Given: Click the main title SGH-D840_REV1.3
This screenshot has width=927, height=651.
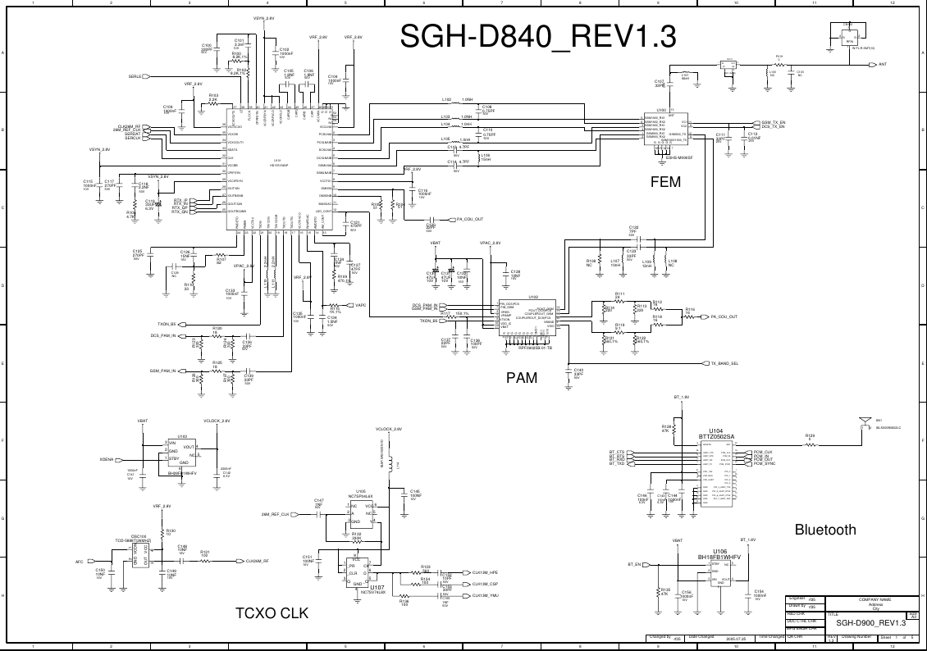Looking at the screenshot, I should point(538,37).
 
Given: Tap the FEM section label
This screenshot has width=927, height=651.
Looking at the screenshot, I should point(664,182).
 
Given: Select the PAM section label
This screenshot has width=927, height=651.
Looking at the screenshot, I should point(522,378).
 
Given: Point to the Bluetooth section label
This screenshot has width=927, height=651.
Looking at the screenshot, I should point(825,530).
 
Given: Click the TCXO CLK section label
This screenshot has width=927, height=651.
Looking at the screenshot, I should point(272,613).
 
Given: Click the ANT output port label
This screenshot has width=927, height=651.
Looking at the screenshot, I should point(883,64).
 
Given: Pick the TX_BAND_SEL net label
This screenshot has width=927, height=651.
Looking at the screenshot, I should point(724,363).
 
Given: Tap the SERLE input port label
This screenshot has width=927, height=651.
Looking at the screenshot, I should point(135,77).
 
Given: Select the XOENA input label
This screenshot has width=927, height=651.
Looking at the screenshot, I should point(107,460).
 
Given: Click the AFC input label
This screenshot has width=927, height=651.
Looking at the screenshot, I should point(80,562).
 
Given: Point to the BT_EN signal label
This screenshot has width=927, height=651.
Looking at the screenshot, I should point(633,565).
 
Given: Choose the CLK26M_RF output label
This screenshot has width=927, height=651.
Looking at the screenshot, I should point(258,562).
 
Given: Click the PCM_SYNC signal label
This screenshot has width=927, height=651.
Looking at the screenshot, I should point(765,464).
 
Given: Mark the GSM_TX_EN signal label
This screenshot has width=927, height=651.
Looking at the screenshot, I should point(774,122).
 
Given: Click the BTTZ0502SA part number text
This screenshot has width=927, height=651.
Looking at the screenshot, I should point(716,436).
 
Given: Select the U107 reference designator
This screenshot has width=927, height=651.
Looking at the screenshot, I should point(377,588).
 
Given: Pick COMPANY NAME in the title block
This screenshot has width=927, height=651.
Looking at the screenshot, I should point(874,600).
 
